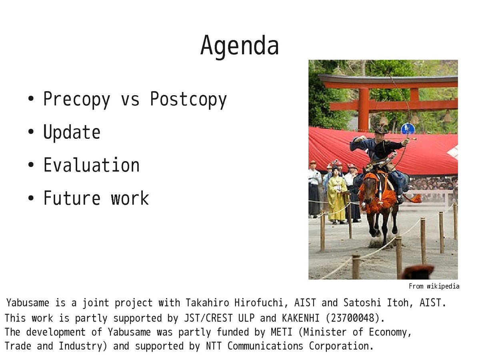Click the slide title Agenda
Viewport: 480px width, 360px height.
click(x=240, y=46)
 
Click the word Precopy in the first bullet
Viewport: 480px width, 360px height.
click(x=76, y=100)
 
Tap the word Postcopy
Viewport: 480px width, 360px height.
click(x=188, y=100)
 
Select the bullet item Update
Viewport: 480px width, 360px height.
click(x=72, y=132)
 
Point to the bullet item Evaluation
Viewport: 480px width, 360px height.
click(x=92, y=165)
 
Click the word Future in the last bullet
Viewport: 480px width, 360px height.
click(x=72, y=198)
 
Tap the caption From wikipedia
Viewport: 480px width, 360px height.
click(x=434, y=286)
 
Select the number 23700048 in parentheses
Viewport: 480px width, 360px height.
click(x=353, y=318)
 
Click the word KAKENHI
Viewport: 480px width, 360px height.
click(x=301, y=318)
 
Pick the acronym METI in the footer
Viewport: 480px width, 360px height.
click(x=282, y=332)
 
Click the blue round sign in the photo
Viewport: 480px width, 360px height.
click(x=408, y=129)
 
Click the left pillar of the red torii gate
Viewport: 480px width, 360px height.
click(x=364, y=109)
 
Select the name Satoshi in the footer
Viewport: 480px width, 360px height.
click(x=362, y=303)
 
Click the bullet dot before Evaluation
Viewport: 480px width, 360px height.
click(x=31, y=165)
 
